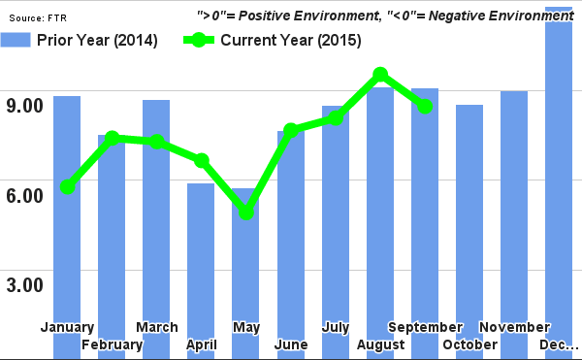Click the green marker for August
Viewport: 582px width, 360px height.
pyautogui.click(x=380, y=75)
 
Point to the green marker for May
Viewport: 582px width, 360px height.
pyautogui.click(x=246, y=212)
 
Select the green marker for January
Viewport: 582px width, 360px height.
pyautogui.click(x=67, y=186)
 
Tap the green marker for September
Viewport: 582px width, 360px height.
pyautogui.click(x=424, y=106)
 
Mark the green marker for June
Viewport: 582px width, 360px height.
pyautogui.click(x=290, y=130)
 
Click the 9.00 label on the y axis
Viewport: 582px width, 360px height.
pyautogui.click(x=26, y=105)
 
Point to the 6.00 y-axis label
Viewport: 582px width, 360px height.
pyautogui.click(x=26, y=195)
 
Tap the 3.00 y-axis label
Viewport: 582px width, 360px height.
pyautogui.click(x=26, y=285)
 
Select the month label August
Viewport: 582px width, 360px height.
pyautogui.click(x=380, y=345)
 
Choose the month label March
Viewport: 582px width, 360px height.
pyautogui.click(x=156, y=327)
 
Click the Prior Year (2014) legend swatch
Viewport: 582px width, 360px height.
pyautogui.click(x=16, y=40)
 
